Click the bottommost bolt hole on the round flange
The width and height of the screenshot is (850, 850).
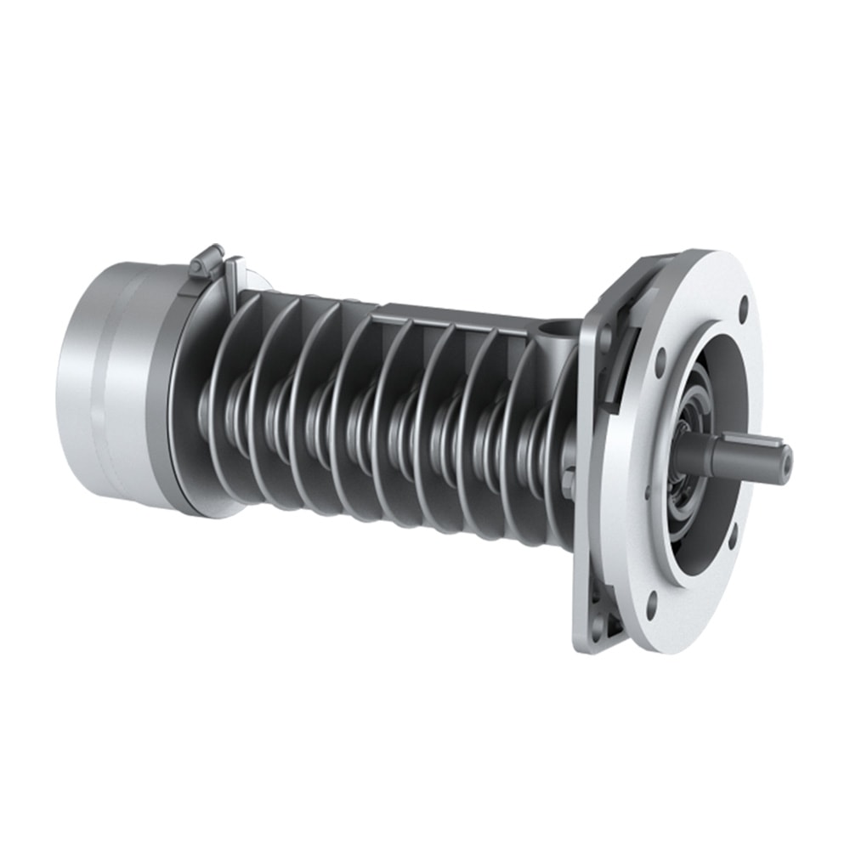tap(652, 606)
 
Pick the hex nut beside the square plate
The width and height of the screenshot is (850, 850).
tap(568, 484)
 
